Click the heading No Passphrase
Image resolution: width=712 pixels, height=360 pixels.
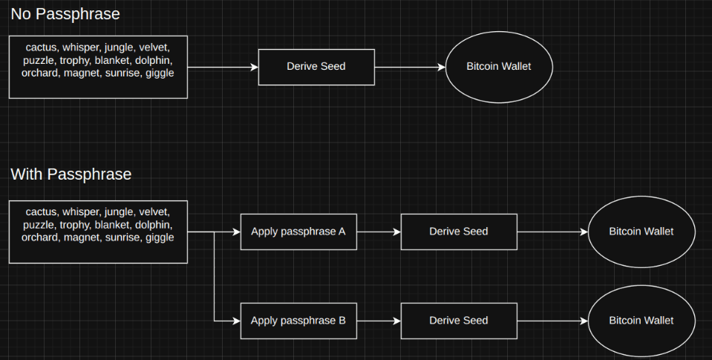click(x=65, y=13)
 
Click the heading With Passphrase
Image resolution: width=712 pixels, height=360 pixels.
click(x=71, y=174)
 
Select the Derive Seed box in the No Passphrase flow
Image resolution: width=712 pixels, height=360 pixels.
click(x=316, y=67)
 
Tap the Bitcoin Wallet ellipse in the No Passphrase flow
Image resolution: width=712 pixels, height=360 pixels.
click(x=498, y=67)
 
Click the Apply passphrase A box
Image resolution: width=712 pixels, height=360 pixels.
click(x=298, y=232)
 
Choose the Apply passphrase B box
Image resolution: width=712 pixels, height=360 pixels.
click(x=298, y=321)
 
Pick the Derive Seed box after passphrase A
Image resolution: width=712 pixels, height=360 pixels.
click(x=458, y=232)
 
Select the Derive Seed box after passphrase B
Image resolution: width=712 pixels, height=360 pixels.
click(x=458, y=321)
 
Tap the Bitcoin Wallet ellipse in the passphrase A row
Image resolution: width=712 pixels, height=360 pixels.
click(x=641, y=232)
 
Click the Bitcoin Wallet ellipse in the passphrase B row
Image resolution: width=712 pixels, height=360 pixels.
click(x=641, y=321)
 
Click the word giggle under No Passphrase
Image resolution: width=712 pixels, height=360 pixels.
click(x=160, y=73)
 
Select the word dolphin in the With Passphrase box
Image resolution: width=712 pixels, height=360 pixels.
click(x=154, y=225)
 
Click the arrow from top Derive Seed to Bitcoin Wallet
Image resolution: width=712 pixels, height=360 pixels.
click(x=409, y=67)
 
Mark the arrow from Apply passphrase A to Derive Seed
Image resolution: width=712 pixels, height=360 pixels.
click(x=376, y=232)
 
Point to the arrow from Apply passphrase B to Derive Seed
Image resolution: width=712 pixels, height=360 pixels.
click(x=376, y=321)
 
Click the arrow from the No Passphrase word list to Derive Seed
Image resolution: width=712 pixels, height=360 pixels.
click(x=222, y=67)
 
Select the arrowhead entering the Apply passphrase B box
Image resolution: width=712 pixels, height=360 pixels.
click(x=237, y=321)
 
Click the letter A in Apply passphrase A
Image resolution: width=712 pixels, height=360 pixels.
click(x=342, y=232)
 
